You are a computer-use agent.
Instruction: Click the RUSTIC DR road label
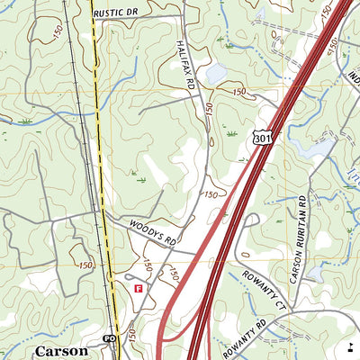pyautogui.click(x=117, y=13)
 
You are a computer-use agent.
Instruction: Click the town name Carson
pyautogui.click(x=61, y=350)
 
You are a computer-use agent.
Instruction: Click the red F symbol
pyautogui.click(x=138, y=289)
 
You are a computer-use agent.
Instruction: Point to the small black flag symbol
pyautogui.click(x=349, y=346)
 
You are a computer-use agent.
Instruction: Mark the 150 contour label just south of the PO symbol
pyautogui.click(x=131, y=334)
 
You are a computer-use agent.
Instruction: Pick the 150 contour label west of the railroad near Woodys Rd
pyautogui.click(x=85, y=265)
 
